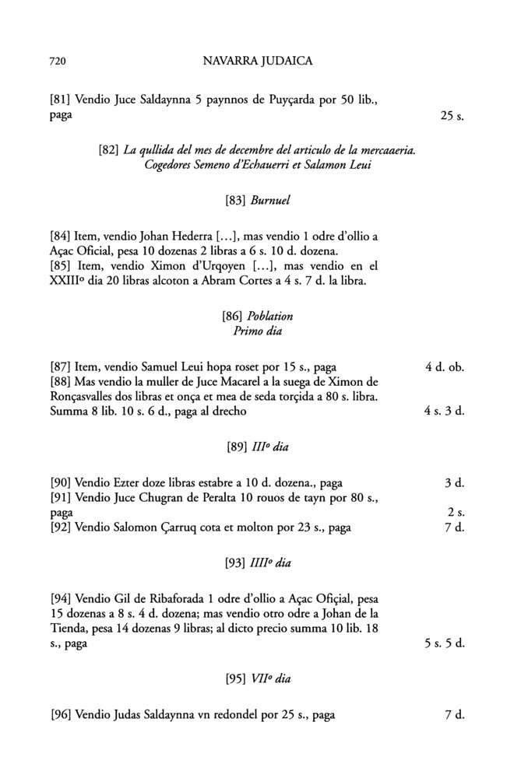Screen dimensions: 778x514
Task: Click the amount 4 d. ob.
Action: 445,366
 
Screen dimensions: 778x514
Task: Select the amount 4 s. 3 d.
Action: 444,412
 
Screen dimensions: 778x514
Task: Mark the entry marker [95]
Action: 235,679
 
